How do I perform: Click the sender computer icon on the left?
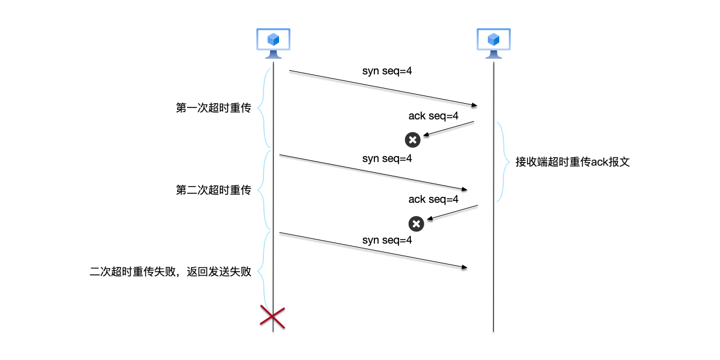(273, 43)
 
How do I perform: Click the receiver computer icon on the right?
(493, 43)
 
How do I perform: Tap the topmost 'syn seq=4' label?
(387, 71)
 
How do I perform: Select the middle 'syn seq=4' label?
(387, 159)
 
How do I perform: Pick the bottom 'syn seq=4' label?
(387, 240)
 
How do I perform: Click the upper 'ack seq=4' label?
(433, 116)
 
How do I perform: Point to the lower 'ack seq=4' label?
(433, 199)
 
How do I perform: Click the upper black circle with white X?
(412, 140)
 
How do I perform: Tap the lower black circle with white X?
(416, 224)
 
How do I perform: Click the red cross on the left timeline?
(272, 316)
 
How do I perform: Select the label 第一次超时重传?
(213, 108)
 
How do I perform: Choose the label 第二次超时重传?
(213, 190)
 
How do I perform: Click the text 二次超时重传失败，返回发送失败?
(170, 271)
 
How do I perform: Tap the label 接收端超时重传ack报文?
(572, 162)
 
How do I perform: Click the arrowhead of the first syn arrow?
(473, 105)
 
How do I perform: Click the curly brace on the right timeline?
(502, 162)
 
